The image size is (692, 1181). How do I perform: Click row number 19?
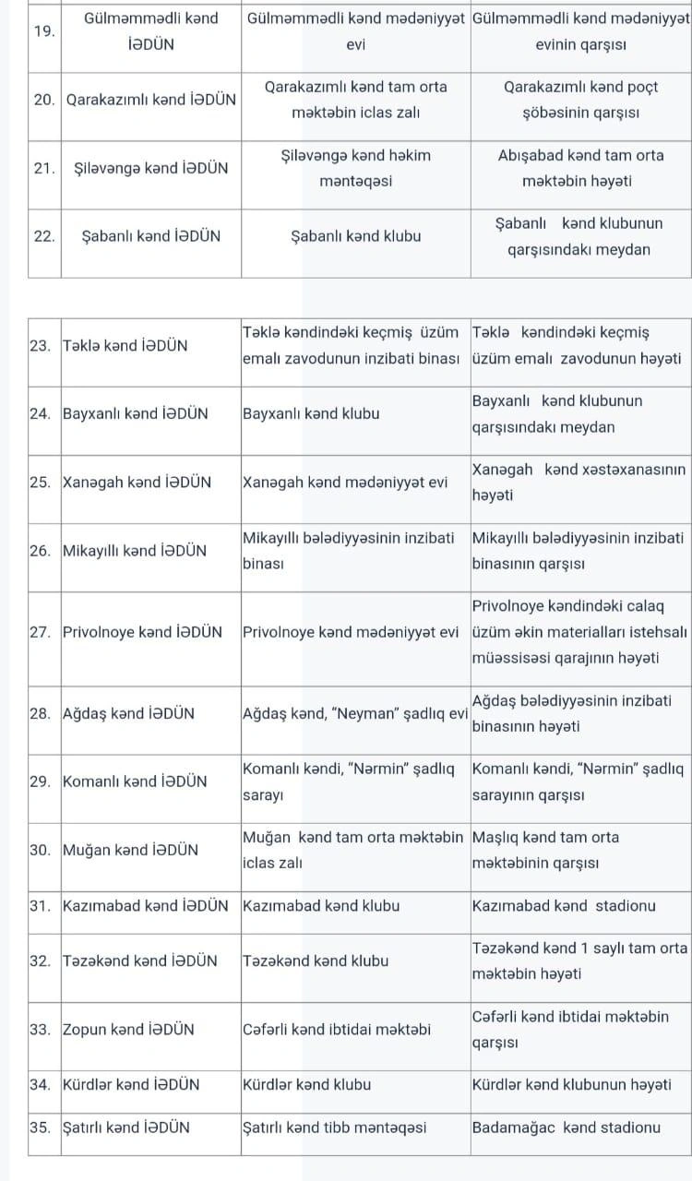[42, 30]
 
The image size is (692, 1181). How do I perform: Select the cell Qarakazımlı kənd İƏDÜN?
[151, 100]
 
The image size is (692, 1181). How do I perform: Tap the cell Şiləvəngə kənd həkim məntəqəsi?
[355, 168]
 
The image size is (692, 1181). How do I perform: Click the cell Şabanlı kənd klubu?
[355, 236]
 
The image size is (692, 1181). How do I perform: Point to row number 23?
[40, 346]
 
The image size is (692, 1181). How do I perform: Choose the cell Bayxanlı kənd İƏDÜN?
[135, 413]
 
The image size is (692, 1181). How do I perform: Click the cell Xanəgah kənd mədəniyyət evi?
[345, 482]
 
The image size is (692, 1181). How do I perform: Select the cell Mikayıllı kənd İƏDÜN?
[134, 551]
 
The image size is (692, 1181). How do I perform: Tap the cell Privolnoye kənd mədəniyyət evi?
[351, 632]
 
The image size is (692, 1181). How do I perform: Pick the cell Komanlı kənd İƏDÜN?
[135, 781]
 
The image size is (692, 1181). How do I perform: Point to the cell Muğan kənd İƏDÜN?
[130, 850]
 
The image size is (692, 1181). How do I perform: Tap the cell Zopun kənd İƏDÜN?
[128, 1029]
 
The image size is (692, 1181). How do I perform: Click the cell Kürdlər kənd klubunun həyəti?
[571, 1084]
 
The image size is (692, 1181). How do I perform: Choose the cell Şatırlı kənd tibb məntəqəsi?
[334, 1127]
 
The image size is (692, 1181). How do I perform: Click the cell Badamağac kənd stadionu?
[566, 1127]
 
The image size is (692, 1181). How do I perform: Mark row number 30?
[40, 850]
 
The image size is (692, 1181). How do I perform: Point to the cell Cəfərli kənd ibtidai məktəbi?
[336, 1029]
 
